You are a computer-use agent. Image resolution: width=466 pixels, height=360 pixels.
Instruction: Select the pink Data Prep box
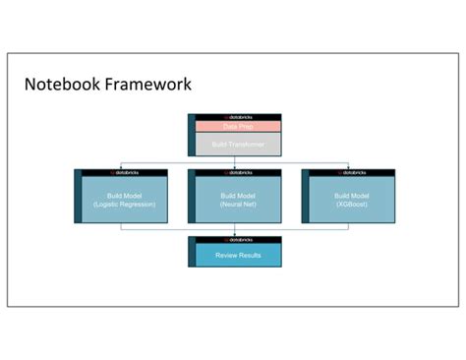[x=237, y=127]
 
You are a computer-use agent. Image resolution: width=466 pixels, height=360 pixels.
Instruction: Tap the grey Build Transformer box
[x=237, y=145]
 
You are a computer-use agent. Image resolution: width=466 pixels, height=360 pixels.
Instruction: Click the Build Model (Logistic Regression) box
[x=125, y=200]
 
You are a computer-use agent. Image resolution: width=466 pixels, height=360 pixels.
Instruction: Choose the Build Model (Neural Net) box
[x=237, y=200]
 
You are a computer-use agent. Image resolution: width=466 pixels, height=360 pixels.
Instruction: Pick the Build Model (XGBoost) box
[x=351, y=200]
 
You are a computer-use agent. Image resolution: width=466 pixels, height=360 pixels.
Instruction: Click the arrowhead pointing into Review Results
[x=234, y=234]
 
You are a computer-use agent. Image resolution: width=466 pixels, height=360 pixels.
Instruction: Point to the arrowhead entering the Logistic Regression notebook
[x=121, y=167]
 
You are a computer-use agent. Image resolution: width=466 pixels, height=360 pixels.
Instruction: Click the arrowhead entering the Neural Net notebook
[x=234, y=167]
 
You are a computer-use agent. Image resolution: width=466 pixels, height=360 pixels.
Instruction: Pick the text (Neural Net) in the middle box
[x=237, y=205]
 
